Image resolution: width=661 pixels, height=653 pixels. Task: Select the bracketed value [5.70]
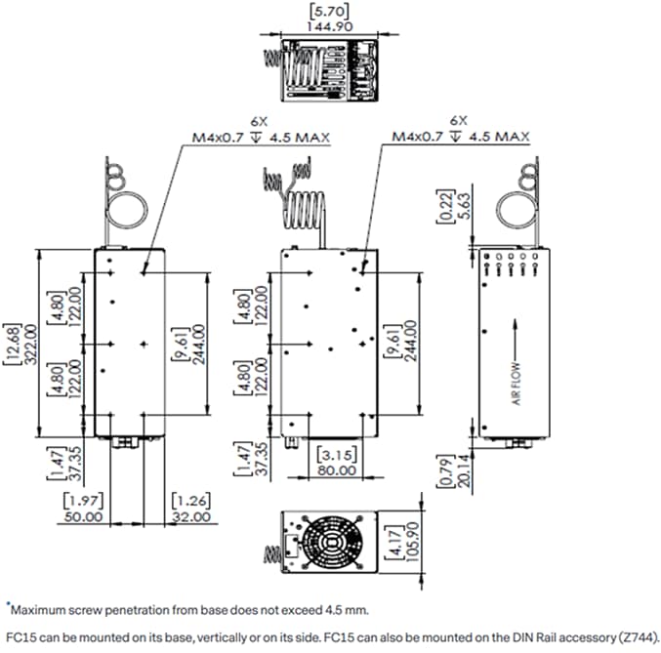(329, 11)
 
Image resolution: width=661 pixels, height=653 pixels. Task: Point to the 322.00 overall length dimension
(27, 344)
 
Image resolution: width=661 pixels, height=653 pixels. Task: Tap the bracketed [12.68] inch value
(12, 344)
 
